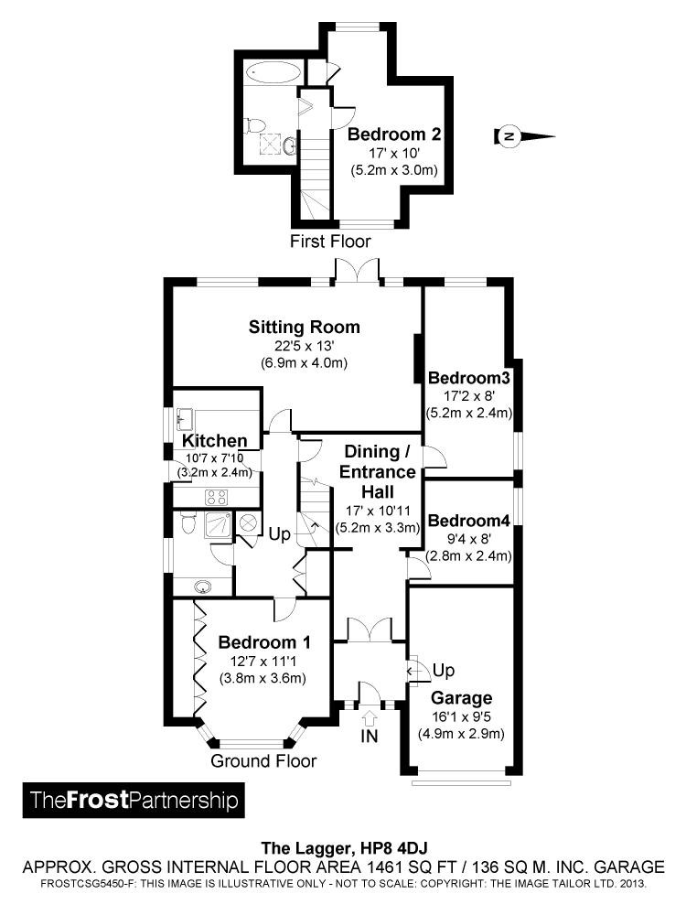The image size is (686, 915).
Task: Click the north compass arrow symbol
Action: click(524, 137)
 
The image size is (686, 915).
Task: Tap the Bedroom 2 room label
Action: click(394, 135)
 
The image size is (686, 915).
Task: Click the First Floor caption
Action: click(330, 242)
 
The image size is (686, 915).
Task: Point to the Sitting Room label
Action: click(305, 327)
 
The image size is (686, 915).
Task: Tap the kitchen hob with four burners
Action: click(216, 498)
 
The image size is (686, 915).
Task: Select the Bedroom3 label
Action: click(468, 377)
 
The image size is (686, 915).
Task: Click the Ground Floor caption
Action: click(263, 761)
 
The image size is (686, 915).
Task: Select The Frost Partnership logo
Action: click(134, 801)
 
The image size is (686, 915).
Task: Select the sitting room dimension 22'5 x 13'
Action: click(305, 346)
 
